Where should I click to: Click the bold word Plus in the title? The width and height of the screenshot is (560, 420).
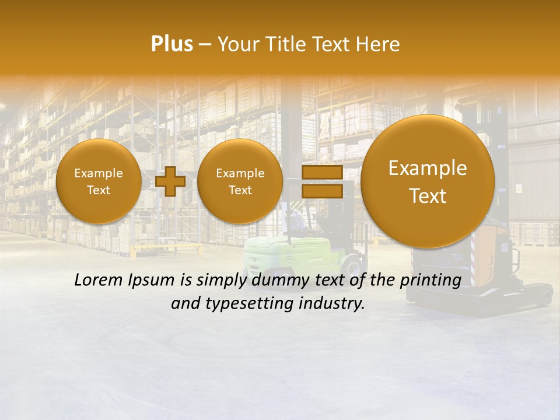pyautogui.click(x=171, y=44)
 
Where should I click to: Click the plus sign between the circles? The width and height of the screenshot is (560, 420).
pyautogui.click(x=170, y=181)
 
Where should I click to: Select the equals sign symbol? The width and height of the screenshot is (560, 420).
pyautogui.click(x=321, y=181)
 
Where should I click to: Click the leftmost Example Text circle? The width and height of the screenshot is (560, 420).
pyautogui.click(x=99, y=181)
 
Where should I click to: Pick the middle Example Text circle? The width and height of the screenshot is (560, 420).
pyautogui.click(x=240, y=181)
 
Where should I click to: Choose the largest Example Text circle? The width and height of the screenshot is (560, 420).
pyautogui.click(x=428, y=181)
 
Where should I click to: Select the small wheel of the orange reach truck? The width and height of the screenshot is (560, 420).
pyautogui.click(x=546, y=298)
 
